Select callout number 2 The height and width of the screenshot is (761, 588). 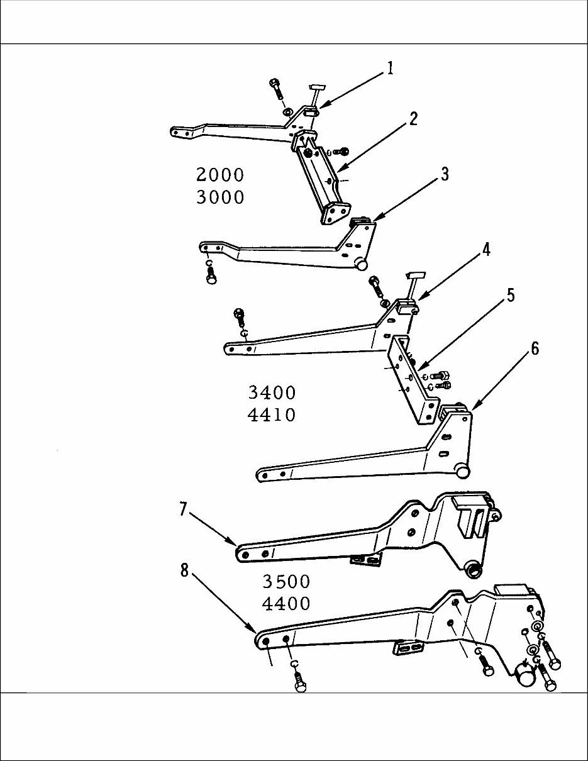click(x=413, y=118)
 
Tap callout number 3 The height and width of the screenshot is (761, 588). click(x=445, y=174)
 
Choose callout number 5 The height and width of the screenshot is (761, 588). click(x=511, y=295)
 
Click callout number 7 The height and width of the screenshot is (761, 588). click(x=183, y=509)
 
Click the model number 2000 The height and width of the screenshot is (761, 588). click(x=220, y=175)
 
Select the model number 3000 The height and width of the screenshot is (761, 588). click(x=220, y=197)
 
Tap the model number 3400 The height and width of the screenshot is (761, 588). click(x=272, y=394)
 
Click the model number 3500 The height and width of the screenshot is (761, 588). click(x=286, y=580)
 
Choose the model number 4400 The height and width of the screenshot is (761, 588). click(x=286, y=604)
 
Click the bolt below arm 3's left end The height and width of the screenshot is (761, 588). click(x=211, y=275)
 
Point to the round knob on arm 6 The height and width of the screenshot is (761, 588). click(x=463, y=470)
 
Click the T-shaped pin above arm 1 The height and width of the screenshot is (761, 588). click(x=316, y=89)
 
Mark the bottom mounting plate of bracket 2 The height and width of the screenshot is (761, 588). click(x=335, y=214)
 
